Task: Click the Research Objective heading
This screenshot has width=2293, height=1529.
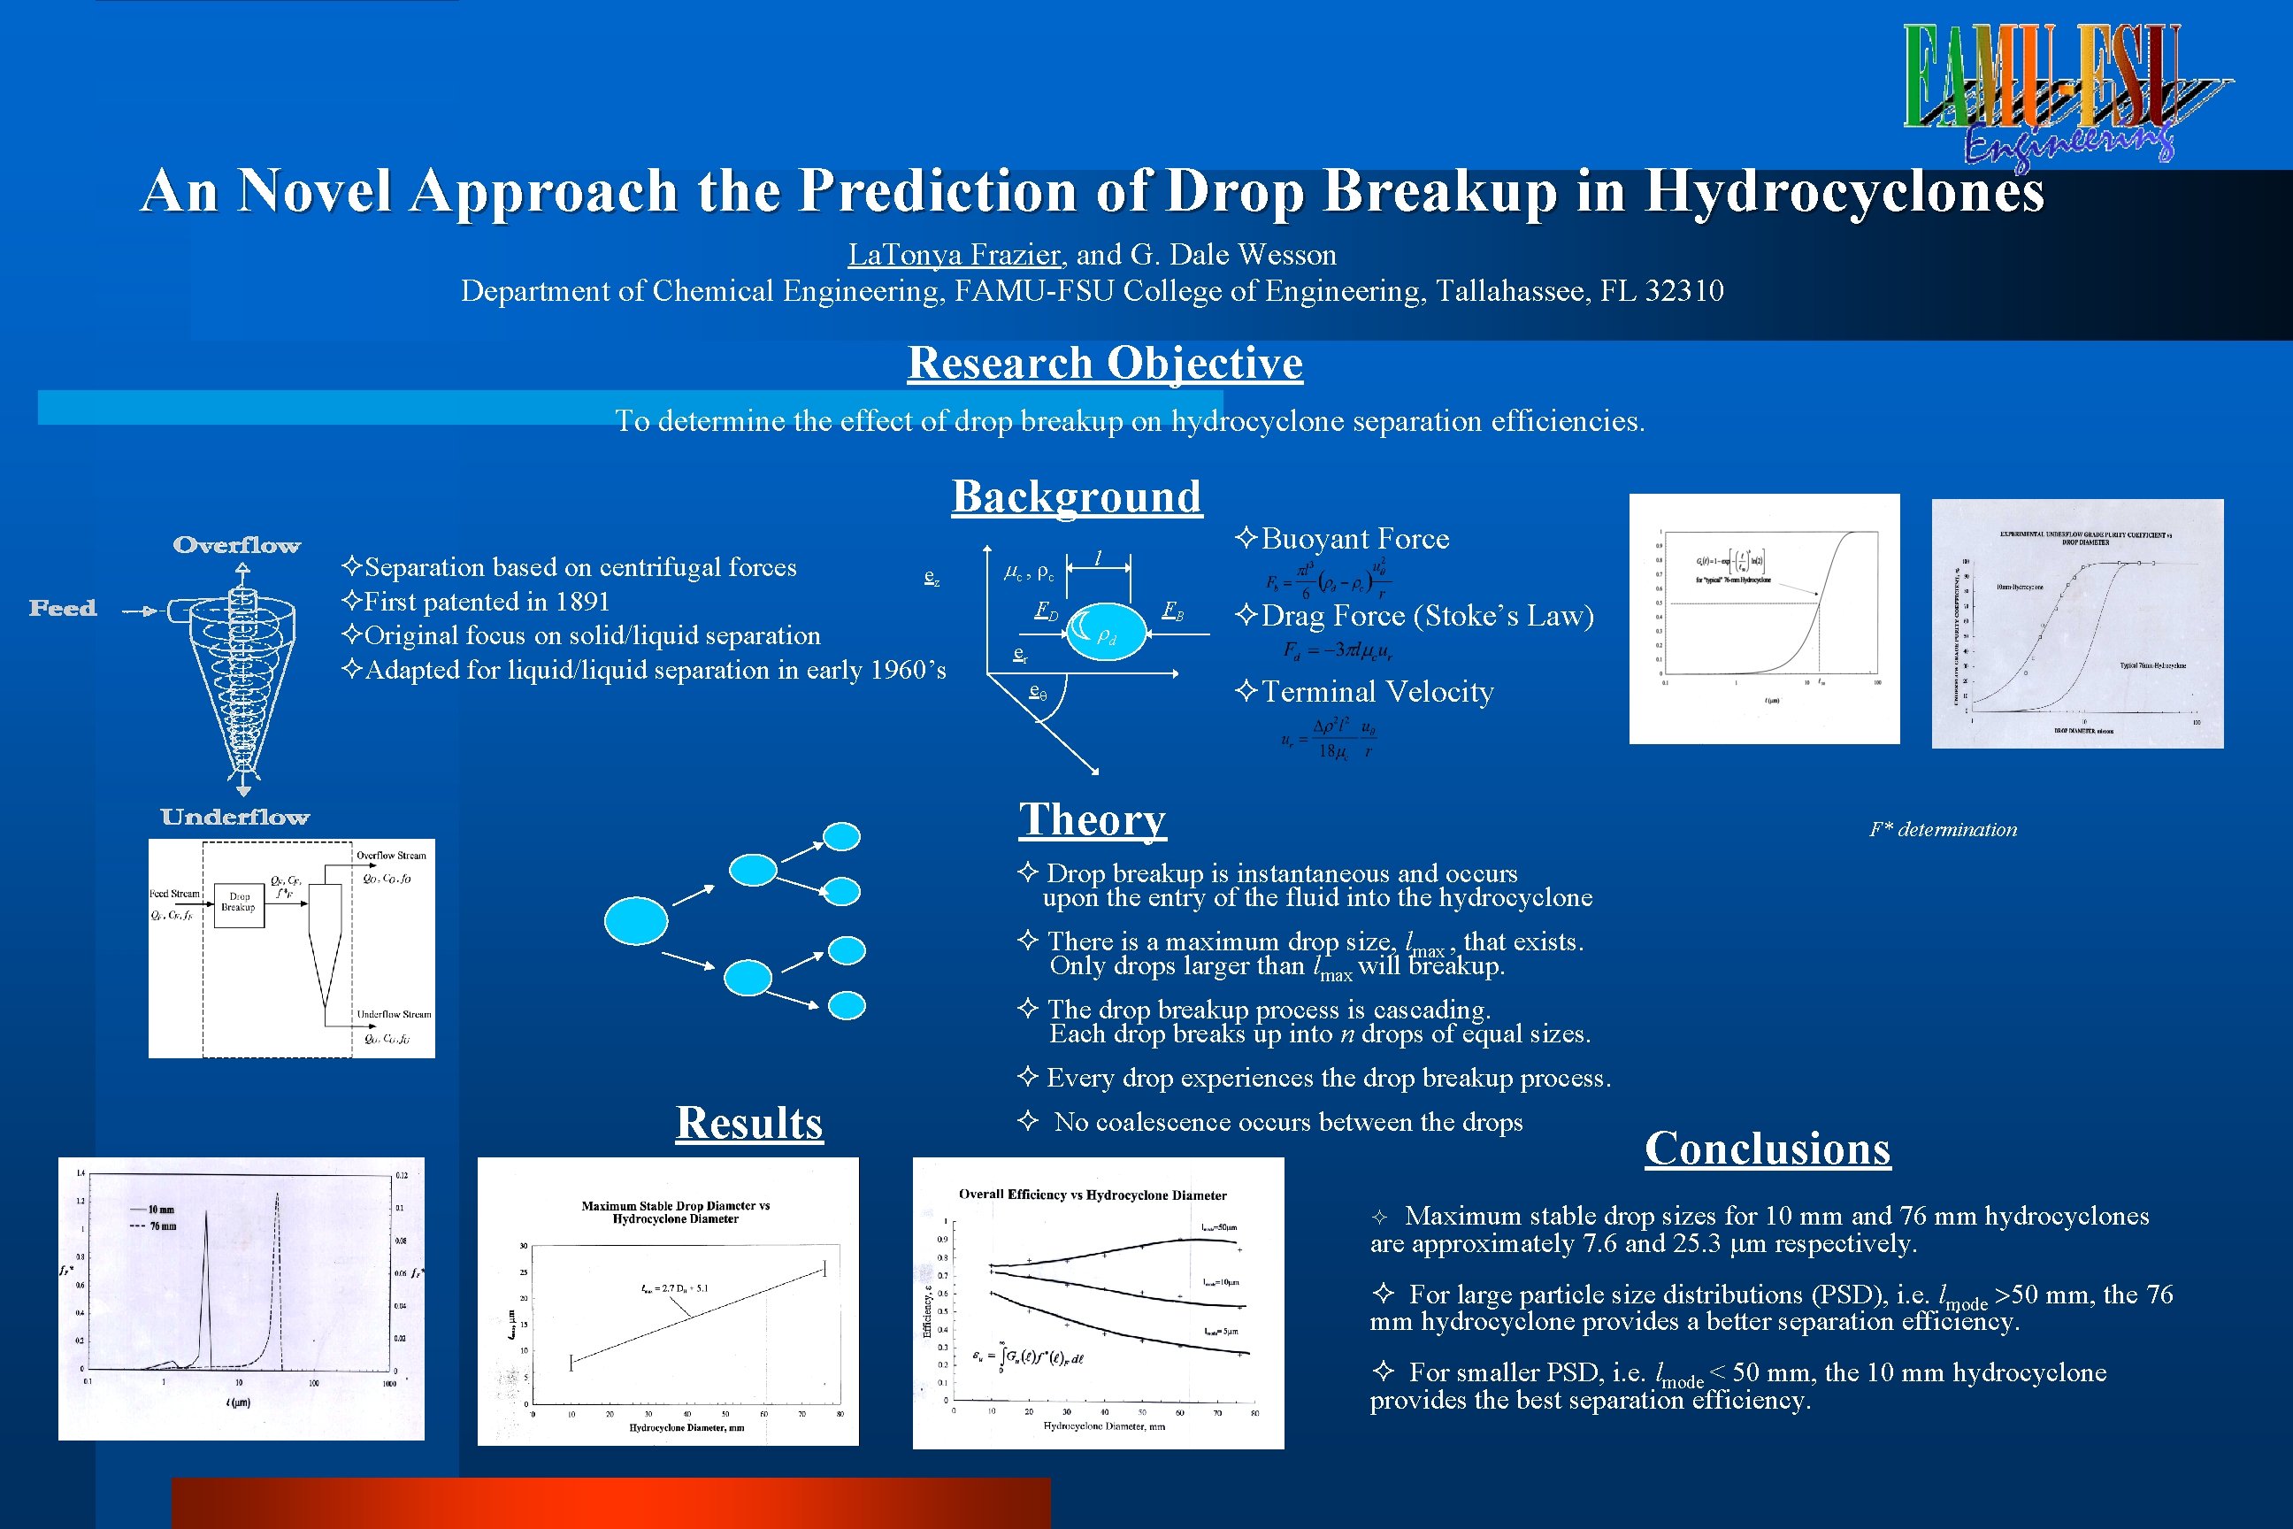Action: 1105,363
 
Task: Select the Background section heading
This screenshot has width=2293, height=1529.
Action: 1077,496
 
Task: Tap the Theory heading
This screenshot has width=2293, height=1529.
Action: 1092,819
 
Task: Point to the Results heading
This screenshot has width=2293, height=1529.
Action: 748,1122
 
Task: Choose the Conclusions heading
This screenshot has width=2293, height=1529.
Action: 1767,1148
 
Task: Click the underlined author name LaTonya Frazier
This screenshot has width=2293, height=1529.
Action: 954,255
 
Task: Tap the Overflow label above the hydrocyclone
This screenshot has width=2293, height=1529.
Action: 237,545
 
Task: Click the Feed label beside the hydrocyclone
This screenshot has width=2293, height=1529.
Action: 64,609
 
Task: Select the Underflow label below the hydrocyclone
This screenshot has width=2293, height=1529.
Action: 235,818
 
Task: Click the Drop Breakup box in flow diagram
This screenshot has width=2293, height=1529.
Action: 238,901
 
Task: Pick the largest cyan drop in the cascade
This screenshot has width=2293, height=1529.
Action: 636,921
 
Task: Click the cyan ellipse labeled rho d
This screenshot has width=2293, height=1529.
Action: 1107,633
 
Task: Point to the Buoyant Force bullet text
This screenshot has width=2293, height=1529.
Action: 1354,538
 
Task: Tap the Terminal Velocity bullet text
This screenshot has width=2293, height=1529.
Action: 1377,691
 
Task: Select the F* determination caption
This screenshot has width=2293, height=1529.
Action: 1942,830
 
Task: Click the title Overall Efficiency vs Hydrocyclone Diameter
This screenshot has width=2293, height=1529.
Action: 1092,1195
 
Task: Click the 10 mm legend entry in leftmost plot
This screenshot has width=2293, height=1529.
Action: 161,1210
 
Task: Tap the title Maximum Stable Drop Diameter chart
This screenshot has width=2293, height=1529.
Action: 675,1212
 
